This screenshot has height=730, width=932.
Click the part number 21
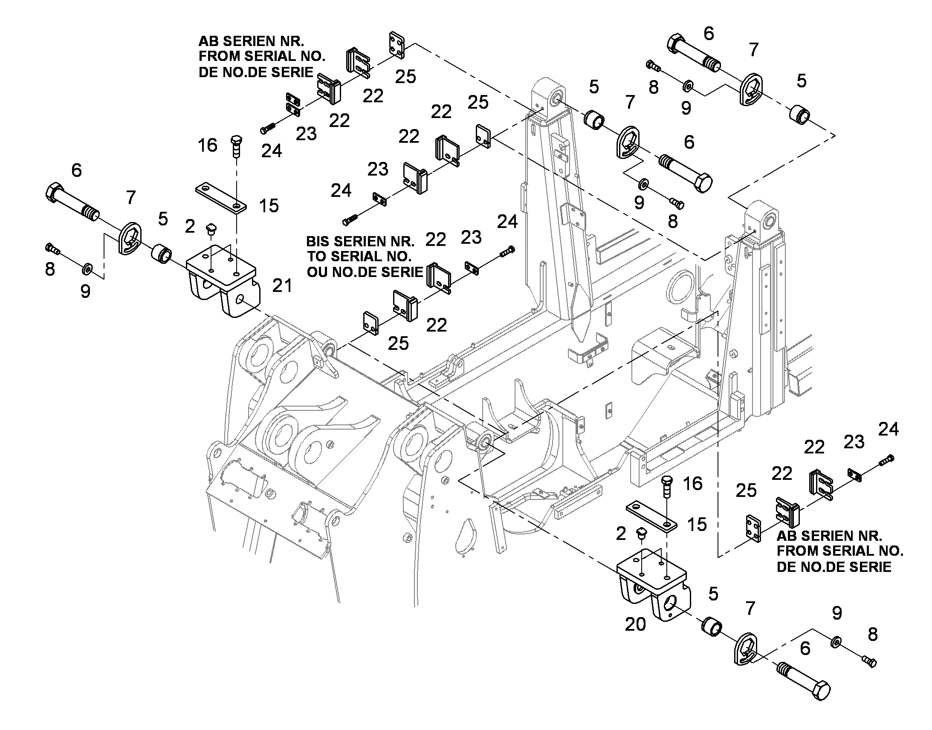pos(282,286)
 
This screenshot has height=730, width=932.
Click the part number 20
pos(635,624)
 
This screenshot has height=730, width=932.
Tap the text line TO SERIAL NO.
pos(359,257)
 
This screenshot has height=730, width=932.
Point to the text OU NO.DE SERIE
pos(365,272)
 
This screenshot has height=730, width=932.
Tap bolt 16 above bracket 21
pos(236,146)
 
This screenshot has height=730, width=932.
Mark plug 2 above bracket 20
pos(641,534)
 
